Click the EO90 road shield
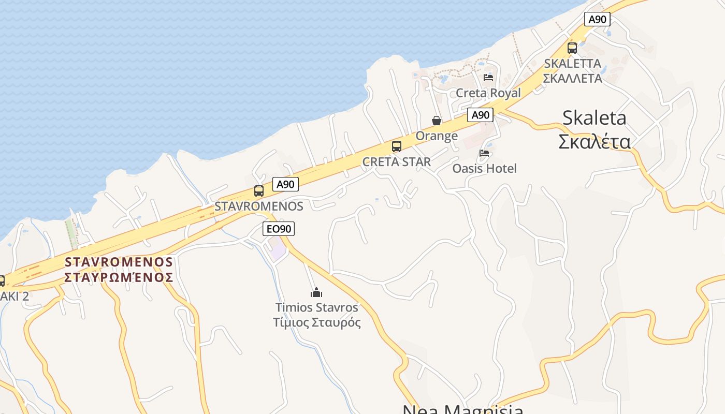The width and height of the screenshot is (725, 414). (279, 229)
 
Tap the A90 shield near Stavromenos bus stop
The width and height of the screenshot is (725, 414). (285, 184)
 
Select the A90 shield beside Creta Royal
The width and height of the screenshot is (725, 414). (480, 115)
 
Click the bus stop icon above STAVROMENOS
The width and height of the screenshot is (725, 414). (259, 191)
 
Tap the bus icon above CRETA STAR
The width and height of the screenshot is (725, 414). (397, 146)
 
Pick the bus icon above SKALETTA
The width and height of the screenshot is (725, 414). (572, 48)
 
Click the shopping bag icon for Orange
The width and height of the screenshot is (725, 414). (437, 121)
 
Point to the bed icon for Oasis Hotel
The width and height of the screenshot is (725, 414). (484, 153)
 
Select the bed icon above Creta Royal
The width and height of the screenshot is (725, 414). (488, 78)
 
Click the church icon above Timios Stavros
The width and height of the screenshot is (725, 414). (316, 292)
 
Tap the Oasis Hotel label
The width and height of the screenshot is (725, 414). (484, 168)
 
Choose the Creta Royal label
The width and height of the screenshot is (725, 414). (488, 93)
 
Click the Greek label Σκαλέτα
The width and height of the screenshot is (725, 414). (594, 141)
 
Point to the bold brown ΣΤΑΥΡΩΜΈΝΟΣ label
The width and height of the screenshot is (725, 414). (119, 277)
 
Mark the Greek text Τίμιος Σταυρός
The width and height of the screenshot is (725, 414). (317, 322)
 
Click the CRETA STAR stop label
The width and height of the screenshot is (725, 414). (397, 162)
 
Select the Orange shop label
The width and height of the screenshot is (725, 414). (437, 136)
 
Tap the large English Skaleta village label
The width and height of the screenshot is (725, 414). (594, 118)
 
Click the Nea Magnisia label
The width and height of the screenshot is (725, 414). (462, 409)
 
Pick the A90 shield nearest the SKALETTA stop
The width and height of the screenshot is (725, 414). (597, 20)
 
